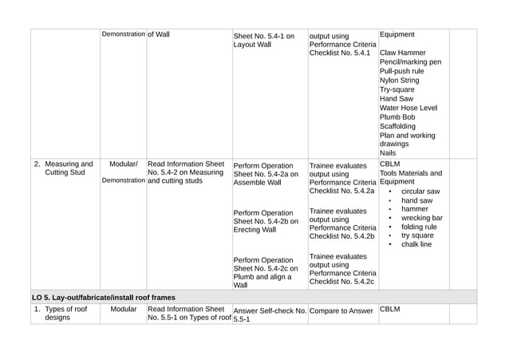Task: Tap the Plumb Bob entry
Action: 397,117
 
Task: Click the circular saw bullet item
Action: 420,192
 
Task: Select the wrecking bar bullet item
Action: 421,218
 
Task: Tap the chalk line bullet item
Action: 416,244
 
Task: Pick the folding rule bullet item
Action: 419,227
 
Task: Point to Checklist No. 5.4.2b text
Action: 341,237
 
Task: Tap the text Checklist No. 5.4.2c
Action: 341,283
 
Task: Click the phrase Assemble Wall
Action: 257,183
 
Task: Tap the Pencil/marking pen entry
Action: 410,62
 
